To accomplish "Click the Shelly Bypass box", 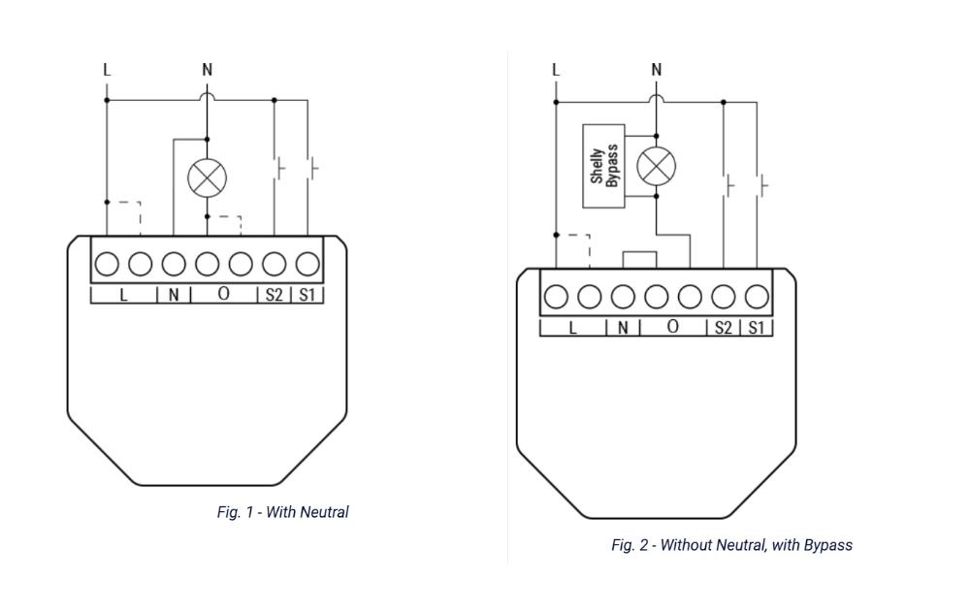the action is tap(603, 166).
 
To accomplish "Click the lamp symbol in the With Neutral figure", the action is tap(208, 178).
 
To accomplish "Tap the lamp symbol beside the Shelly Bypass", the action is tap(657, 166).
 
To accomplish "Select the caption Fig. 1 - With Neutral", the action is tap(282, 512).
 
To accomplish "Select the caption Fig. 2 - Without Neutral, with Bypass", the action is tap(731, 545).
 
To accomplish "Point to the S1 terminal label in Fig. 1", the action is tap(307, 295).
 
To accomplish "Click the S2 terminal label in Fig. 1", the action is tap(275, 295).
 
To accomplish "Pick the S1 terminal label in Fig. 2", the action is tap(756, 328).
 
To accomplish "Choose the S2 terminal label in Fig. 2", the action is tap(724, 328).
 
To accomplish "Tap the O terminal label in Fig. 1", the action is tap(224, 294).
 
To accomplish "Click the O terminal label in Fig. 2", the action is tap(673, 327).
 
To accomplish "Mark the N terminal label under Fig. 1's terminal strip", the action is tap(174, 295).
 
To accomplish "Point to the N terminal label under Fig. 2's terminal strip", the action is tap(623, 328).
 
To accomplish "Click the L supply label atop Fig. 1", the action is tap(107, 70).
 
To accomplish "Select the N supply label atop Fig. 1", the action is tap(208, 70).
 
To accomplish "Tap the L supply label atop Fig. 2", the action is tap(556, 70).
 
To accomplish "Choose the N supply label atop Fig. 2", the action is tap(657, 70).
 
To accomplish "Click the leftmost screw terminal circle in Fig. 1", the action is tap(107, 264).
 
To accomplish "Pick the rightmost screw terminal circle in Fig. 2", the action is tap(757, 297).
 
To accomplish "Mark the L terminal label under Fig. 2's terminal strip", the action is tap(573, 328).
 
